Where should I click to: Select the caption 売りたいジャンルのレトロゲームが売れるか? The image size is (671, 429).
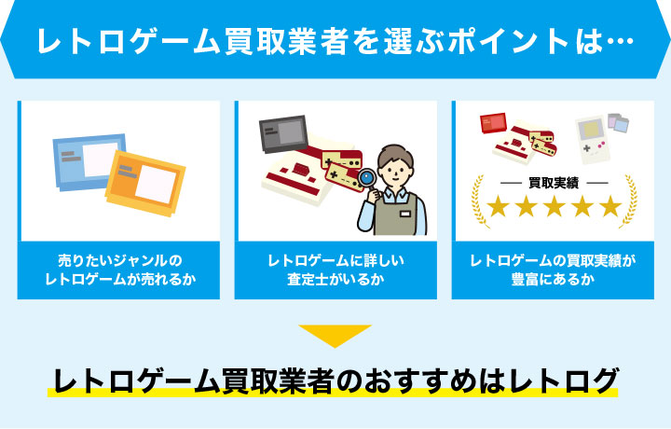119,270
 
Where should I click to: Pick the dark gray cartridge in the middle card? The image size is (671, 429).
282,133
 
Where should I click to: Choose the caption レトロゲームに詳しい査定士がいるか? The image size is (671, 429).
335,270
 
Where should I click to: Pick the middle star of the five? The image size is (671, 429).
553,206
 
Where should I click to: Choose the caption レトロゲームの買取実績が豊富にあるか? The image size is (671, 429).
553,270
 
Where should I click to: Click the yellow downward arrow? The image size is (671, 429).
335,335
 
